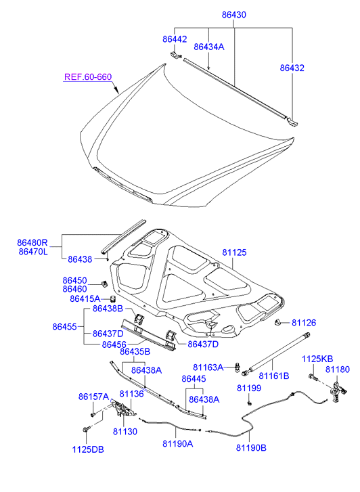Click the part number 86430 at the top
coord(234,15)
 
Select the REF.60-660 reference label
coord(88,77)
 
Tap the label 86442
coord(175,39)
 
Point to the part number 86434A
coord(209,47)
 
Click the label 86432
coord(292,68)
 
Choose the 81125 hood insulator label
coord(234,252)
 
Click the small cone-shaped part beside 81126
coord(277,322)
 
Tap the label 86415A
coord(85,298)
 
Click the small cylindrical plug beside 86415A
coord(113,298)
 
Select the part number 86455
coord(65,327)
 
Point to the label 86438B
coord(108,309)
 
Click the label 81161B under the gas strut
coord(273,376)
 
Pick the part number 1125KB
coord(317,359)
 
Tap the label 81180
coord(338,370)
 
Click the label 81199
coord(249,388)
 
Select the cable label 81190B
coord(251,448)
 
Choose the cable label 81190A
coord(178,443)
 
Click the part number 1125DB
coord(88,449)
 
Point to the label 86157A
coord(93,397)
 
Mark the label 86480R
coord(32,242)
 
